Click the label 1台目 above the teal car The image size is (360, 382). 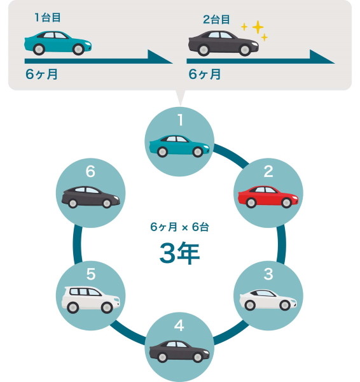pos(48,18)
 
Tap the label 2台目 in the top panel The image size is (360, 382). pos(216,20)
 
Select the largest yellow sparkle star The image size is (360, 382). pos(258,27)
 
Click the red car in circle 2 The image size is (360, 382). pos(268,197)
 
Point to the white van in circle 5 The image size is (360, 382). pos(91,300)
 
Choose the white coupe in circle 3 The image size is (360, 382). pos(268,300)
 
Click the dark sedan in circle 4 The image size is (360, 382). pos(179,351)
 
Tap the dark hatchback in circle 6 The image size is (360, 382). pos(90,197)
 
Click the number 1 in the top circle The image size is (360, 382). pos(180,120)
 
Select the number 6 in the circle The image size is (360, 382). pos(90,171)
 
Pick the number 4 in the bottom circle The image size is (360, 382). pos(179,325)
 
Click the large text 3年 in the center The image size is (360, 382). pos(179,253)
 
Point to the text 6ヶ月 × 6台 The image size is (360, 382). pos(179,227)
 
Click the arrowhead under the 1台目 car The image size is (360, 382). pos(160,57)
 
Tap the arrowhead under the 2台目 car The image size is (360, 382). pos(322,57)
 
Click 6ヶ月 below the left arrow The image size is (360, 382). pos(41,74)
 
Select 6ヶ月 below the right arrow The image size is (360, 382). pos(204,74)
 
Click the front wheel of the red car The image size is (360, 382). pos(286,202)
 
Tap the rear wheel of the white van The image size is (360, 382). pos(73,308)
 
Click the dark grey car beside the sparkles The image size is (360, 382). pos(223,43)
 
